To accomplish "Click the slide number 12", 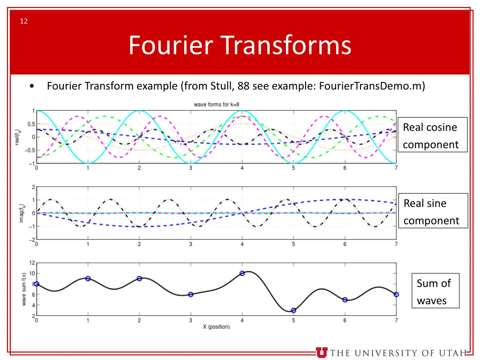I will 23,21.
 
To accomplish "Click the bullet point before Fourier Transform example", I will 31,87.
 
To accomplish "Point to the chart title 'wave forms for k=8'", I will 217,104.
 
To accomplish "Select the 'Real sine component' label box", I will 433,211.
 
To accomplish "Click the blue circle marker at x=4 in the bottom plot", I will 242,273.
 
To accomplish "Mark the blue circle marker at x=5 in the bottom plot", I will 293,310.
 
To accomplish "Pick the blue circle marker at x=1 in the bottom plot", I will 88,278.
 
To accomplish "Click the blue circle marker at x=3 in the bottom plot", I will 191,294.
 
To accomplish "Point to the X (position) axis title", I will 216,327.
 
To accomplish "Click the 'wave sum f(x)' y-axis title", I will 24,289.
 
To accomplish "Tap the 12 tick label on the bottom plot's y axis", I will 32,262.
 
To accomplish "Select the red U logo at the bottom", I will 322,352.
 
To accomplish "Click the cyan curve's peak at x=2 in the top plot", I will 139,111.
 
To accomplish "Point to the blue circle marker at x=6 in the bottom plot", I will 345,300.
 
